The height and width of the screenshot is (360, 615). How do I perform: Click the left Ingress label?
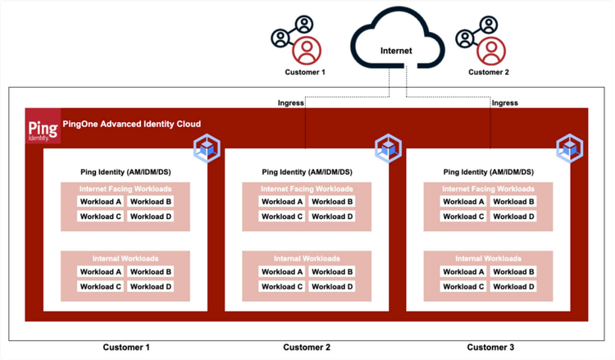(290, 103)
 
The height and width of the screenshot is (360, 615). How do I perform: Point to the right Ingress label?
(503, 103)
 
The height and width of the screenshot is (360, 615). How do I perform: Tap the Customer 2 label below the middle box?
(307, 348)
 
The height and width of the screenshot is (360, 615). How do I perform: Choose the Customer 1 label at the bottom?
(126, 348)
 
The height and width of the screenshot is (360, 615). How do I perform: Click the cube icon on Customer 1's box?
(206, 149)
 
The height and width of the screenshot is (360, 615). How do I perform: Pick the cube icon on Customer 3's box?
(569, 149)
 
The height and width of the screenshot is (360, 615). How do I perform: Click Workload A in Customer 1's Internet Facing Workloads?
(100, 202)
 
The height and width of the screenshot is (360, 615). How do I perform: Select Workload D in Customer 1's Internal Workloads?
(151, 287)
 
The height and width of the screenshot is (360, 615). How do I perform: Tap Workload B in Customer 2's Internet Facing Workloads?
(332, 202)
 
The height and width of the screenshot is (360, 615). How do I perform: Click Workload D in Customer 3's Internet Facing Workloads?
(514, 216)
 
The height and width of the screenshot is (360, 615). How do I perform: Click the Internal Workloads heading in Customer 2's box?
(307, 258)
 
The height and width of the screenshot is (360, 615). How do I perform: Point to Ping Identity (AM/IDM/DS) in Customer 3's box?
(488, 172)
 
